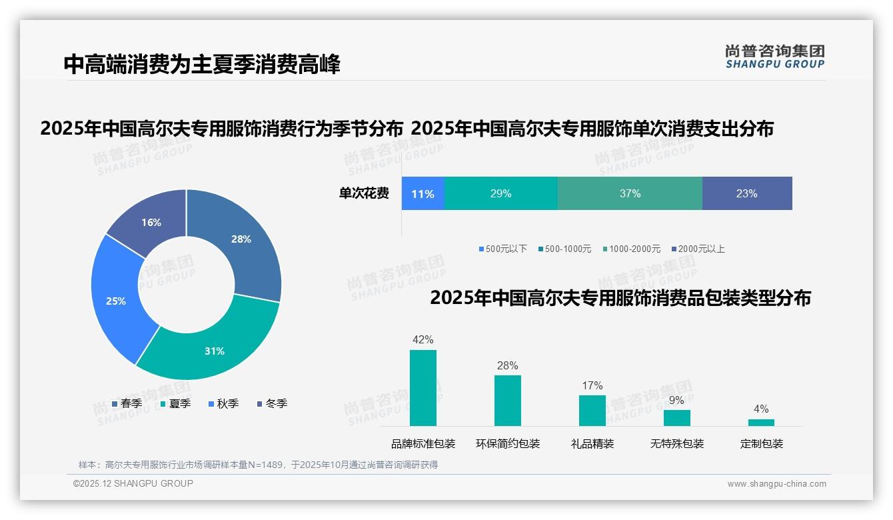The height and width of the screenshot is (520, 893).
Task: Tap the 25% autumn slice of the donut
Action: coord(117,300)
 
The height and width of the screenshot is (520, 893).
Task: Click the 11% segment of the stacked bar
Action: coord(423,194)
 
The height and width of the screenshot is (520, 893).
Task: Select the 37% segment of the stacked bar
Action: coord(630,194)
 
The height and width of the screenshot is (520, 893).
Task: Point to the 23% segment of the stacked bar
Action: coord(746,194)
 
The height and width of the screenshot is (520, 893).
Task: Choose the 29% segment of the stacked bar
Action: coord(500,194)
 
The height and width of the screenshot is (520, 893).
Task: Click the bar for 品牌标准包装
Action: coord(423,388)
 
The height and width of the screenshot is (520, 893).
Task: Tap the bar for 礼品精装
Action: coord(592,411)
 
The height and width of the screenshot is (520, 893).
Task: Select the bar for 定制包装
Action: coord(761,422)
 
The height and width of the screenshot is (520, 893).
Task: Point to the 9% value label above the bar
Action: coord(676,401)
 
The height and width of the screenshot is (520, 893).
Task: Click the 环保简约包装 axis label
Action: coord(508,444)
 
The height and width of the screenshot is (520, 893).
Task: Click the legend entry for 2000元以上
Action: coord(698,249)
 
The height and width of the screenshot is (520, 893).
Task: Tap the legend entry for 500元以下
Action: coord(502,249)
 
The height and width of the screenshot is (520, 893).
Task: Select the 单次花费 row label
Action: coord(364,194)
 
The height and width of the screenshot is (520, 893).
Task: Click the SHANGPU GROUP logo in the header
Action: coord(774,57)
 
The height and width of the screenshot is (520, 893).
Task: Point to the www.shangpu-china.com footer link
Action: coord(776,484)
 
